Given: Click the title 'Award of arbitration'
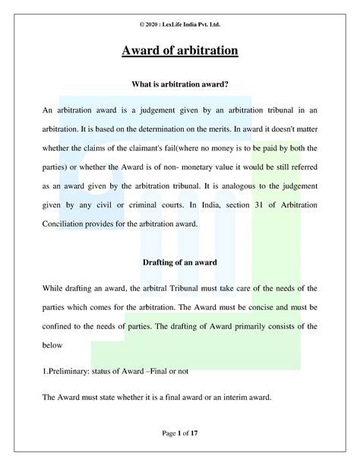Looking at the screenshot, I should click(x=180, y=52).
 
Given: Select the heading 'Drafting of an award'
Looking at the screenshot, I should click(x=180, y=263).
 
